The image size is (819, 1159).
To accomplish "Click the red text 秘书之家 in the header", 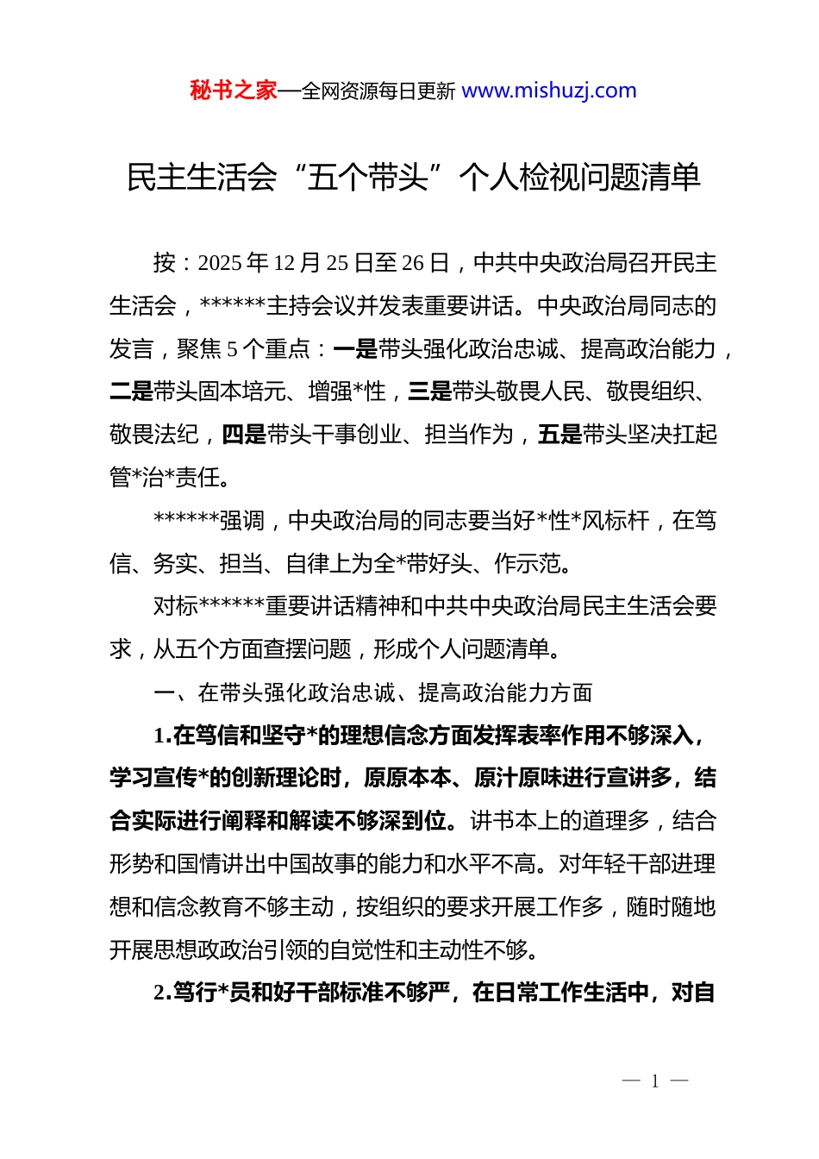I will pos(234,91).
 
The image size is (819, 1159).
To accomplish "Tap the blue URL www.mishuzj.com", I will pos(549,91).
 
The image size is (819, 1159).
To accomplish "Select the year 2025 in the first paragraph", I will pos(220,263).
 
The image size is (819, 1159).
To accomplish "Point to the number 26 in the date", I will pos(414,263).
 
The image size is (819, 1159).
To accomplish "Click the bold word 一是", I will pos(355,349).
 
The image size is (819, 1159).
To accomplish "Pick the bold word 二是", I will pos(131,392).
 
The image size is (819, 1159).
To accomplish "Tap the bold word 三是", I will pos(430,392).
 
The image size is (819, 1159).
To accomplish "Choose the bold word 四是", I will pos(244,435).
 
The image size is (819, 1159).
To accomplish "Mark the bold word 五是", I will pos(560,435).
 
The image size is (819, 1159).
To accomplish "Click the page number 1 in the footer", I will pos(655,1081).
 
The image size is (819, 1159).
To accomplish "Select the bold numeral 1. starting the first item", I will pos(162,736).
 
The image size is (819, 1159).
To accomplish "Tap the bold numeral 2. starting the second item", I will pos(162,993).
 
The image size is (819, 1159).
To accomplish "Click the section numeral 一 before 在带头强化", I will pos(165,692).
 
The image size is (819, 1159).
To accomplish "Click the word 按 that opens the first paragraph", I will pos(165,263).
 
